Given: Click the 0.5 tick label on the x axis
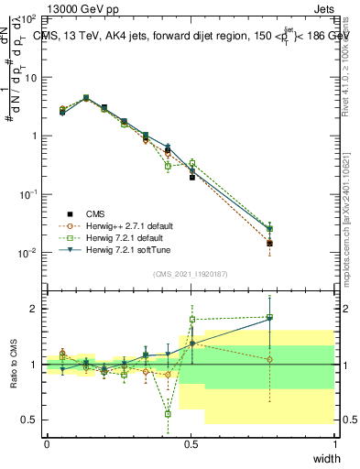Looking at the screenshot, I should point(191,444).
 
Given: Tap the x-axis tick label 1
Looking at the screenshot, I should point(334,444).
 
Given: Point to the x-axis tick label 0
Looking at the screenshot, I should point(47,444).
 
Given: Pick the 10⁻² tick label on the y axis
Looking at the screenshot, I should point(29,253).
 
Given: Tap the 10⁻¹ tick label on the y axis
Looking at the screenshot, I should point(29,194).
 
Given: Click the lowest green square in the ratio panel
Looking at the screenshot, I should point(168,414).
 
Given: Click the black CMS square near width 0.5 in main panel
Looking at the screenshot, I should point(191,177).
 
